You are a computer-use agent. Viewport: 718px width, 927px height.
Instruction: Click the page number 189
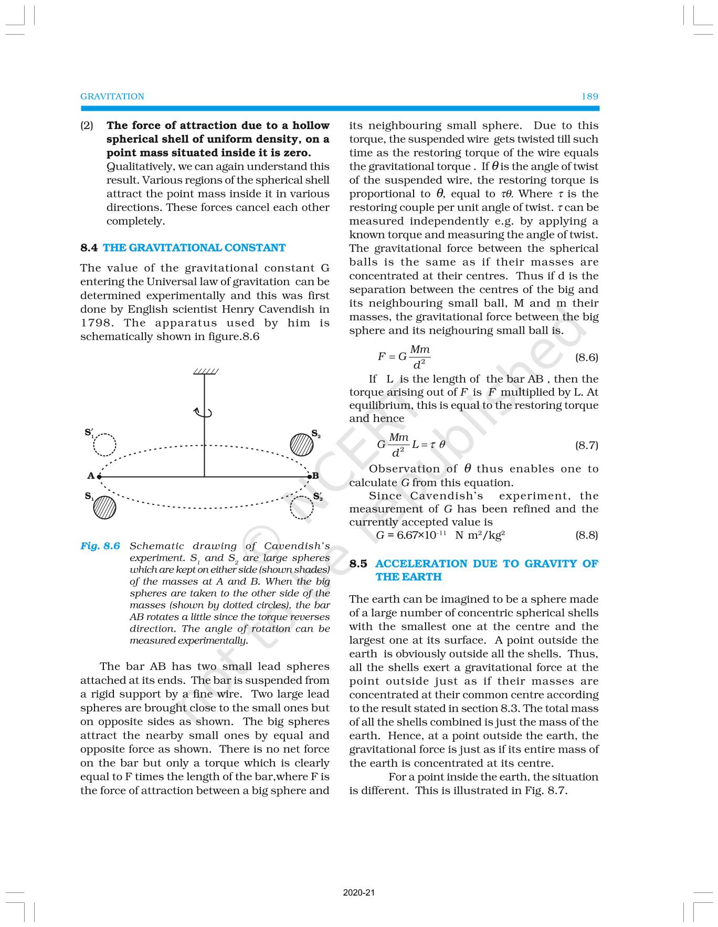pos(589,97)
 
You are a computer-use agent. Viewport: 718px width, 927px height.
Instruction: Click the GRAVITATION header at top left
pos(112,97)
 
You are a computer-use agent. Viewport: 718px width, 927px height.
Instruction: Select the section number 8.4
pos(89,248)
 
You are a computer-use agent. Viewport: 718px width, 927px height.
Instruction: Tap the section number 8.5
pos(358,564)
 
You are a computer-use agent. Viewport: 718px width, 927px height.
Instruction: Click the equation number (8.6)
pos(586,357)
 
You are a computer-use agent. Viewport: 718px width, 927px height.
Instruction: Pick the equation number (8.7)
pos(586,445)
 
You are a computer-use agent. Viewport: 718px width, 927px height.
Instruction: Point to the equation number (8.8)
pos(586,535)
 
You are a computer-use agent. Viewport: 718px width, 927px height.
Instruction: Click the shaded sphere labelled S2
pos(301,444)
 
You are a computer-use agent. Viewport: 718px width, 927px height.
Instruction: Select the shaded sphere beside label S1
pos(104,508)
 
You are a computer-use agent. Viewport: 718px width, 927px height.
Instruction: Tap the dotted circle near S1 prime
pos(104,445)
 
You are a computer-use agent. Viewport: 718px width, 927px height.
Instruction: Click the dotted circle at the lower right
pos(302,508)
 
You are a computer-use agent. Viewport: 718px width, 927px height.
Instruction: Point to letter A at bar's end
pos(91,476)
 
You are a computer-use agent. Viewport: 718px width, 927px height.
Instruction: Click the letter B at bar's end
pos(316,476)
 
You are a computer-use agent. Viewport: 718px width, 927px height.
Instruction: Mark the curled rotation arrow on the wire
pos(204,413)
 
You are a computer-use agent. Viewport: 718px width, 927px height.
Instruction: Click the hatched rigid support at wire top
pos(205,372)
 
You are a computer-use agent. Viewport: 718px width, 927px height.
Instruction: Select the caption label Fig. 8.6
pos(100,546)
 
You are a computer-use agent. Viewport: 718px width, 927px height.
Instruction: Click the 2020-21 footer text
pos(359,892)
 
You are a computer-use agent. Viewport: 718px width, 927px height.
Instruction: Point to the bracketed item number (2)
pos(87,125)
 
